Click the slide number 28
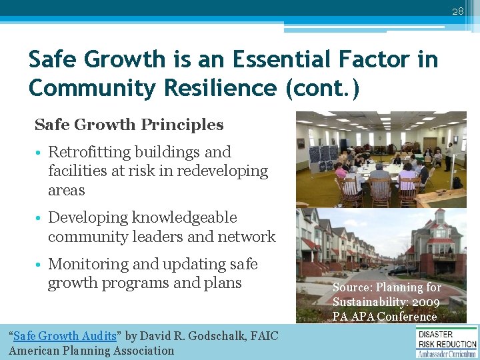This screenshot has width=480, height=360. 457,11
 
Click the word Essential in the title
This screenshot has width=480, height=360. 279,60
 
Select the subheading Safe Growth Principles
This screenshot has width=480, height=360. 129,125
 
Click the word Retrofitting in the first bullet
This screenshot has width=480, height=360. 90,152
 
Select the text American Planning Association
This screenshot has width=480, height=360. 91,351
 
